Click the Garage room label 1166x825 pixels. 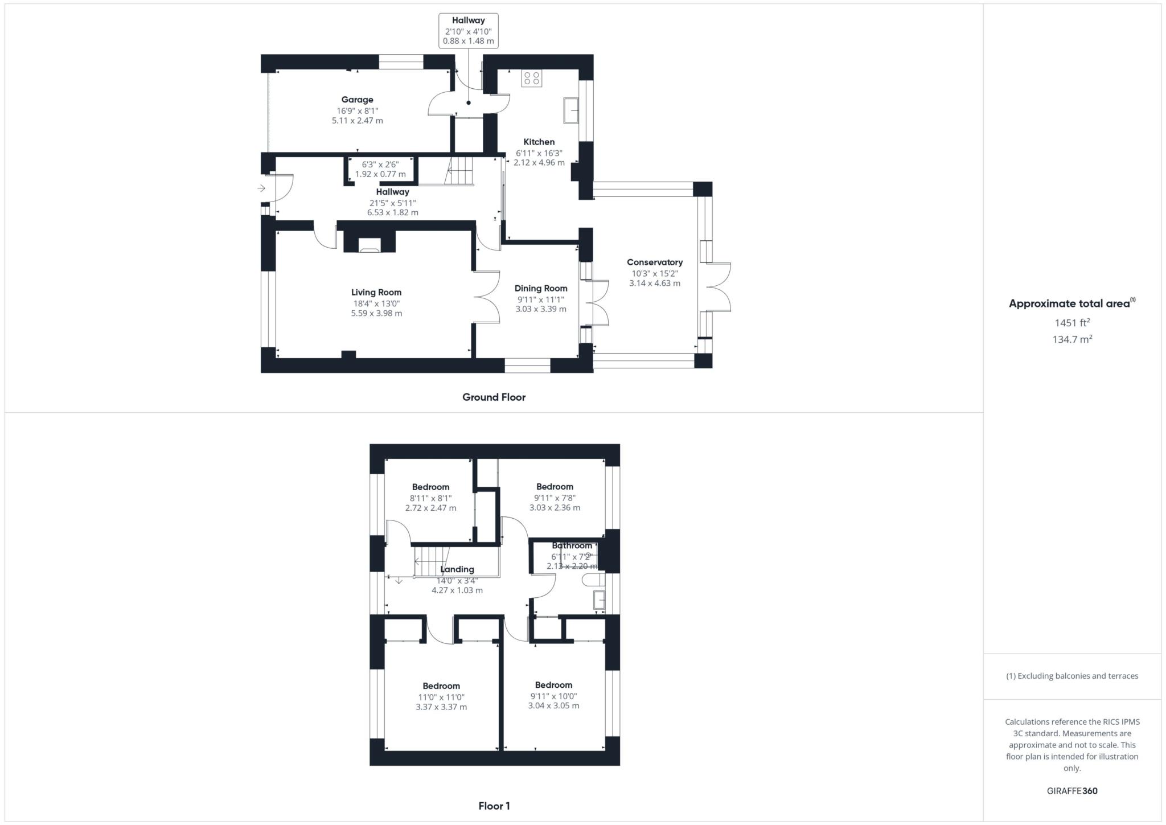(x=357, y=100)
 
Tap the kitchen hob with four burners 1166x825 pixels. (x=532, y=78)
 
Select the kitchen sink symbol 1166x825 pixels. (x=571, y=110)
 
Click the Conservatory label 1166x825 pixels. (x=654, y=262)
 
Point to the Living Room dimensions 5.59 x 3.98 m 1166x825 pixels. (x=376, y=313)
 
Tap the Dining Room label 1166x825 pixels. (x=540, y=288)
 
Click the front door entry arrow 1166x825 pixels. (x=261, y=188)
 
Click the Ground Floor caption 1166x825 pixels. (x=494, y=397)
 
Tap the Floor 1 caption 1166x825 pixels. (x=494, y=806)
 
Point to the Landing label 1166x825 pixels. (x=457, y=569)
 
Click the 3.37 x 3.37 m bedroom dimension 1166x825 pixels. (x=441, y=707)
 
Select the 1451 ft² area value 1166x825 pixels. (x=1071, y=323)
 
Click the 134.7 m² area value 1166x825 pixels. (x=1071, y=339)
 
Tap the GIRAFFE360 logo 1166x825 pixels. (x=1071, y=791)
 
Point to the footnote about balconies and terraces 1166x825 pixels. (x=1071, y=676)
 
